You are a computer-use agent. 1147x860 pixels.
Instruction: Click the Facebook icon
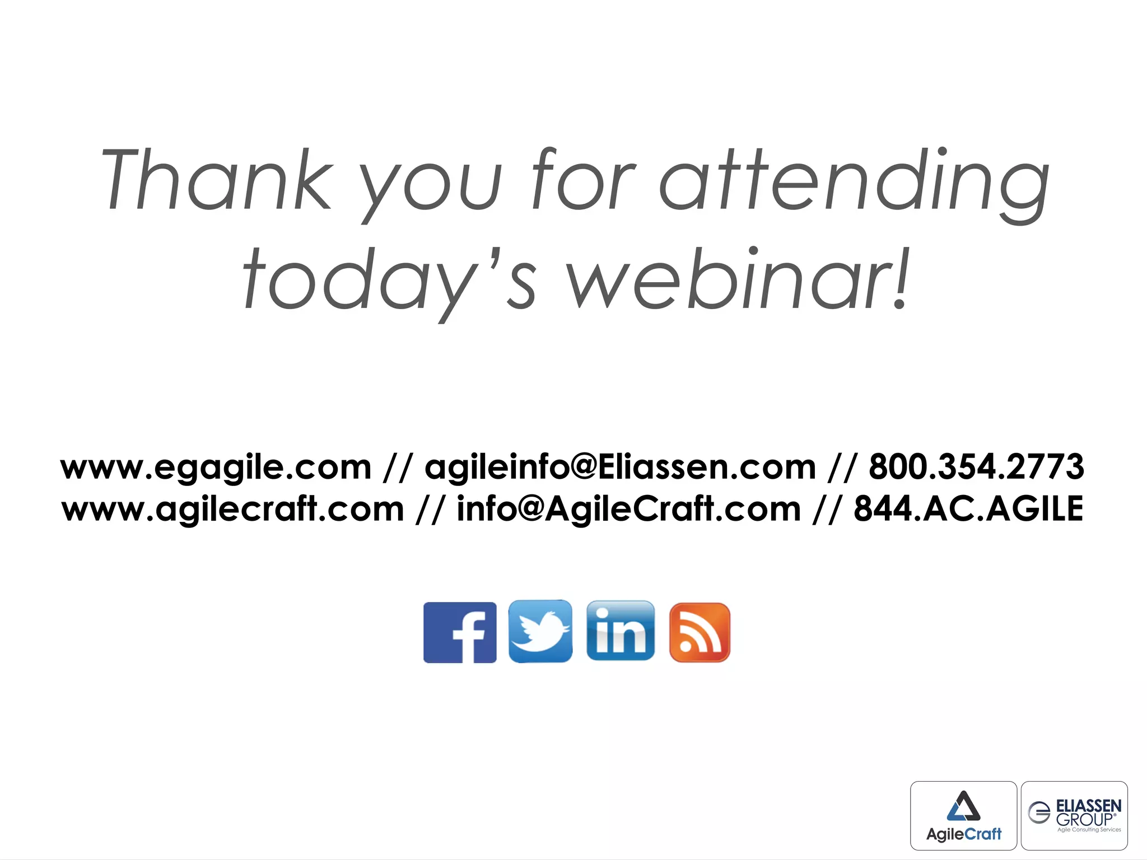coord(460,632)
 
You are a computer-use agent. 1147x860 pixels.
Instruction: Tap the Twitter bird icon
coord(540,631)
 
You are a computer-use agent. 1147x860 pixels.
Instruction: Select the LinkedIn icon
coord(621,631)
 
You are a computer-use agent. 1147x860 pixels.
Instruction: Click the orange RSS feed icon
coord(700,632)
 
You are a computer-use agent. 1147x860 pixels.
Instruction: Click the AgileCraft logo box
coord(963,815)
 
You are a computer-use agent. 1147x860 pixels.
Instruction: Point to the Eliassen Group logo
coord(1074,815)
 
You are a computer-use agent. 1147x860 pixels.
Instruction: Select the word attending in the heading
coord(854,183)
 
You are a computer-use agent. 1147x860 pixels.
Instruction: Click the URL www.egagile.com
coord(216,468)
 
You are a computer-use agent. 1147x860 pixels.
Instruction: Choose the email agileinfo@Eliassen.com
coord(621,467)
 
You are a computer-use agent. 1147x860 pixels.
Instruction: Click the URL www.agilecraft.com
coord(233,509)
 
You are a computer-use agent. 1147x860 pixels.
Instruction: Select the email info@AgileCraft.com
coord(629,509)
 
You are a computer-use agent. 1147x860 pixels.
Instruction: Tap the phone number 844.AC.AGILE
coord(968,509)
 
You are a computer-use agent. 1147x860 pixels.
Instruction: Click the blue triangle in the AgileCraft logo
coord(963,806)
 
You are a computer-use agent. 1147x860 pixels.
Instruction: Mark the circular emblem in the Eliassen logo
coord(1039,812)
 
